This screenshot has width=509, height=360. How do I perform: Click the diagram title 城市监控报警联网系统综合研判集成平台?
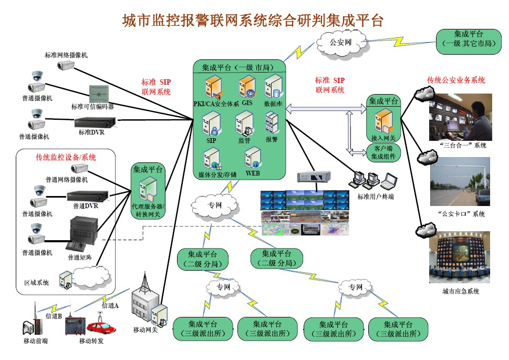coord(254,20)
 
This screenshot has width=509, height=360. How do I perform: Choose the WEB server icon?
coord(252,157)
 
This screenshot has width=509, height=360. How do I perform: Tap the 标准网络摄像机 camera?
coord(67,65)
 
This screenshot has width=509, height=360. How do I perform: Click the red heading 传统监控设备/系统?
coord(66,157)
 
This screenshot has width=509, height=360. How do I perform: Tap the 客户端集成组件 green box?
coord(383,152)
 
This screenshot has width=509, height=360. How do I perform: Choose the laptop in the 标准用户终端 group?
coord(389,182)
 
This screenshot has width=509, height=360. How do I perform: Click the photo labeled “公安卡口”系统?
coord(461,182)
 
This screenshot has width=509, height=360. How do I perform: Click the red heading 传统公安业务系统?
coord(456,80)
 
